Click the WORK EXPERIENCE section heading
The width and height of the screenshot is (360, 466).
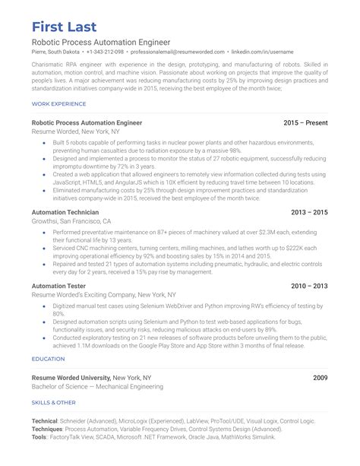(x=58, y=103)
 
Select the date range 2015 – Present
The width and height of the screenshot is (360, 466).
(x=305, y=122)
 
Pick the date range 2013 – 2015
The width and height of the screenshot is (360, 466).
(x=311, y=212)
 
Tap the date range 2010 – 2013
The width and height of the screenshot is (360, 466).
(x=311, y=285)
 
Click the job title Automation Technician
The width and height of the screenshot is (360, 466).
(x=65, y=212)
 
